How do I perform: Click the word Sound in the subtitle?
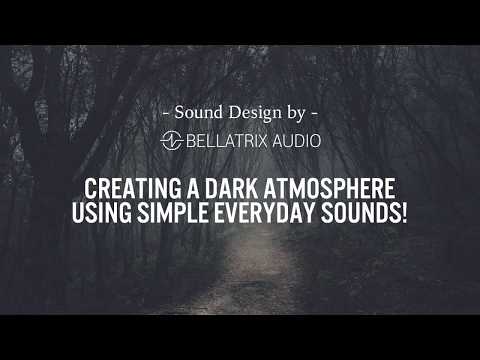(x=198, y=108)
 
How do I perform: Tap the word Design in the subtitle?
(x=249, y=108)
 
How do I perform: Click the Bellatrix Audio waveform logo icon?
(x=172, y=141)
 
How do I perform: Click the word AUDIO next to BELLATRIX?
(x=293, y=141)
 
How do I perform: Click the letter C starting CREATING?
(x=91, y=189)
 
